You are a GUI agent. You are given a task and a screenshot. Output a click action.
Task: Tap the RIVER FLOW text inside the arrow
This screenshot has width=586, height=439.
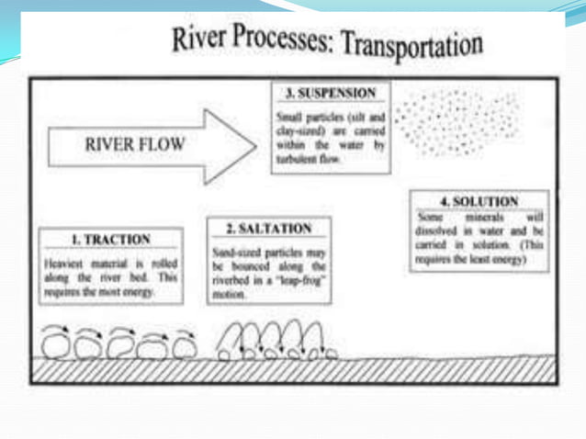pos(134,144)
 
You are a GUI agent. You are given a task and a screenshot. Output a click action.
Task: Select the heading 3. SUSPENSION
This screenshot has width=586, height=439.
pos(332,94)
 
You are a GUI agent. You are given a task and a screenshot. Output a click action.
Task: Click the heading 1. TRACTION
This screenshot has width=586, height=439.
pos(110,240)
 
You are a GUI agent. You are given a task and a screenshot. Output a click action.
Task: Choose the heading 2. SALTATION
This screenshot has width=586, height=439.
pos(268,228)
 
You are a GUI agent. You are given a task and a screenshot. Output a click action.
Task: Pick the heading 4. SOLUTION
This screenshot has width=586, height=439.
pos(480,201)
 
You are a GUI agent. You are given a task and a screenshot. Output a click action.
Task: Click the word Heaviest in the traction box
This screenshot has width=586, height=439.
pos(64,262)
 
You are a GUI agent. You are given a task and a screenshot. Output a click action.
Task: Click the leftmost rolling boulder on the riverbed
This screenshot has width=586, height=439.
pos(60,343)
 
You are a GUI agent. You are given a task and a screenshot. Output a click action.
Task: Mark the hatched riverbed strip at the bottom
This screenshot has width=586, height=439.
pos(293,369)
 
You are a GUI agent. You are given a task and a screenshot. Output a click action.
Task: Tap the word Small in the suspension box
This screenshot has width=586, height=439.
pos(287,118)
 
